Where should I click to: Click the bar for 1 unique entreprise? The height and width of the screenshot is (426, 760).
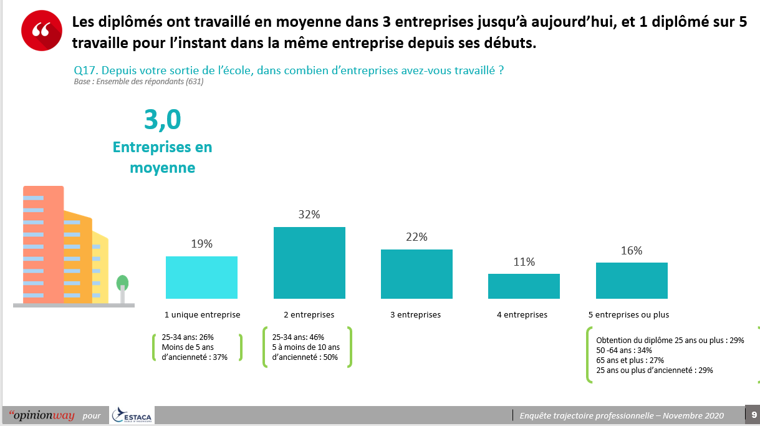click(201, 277)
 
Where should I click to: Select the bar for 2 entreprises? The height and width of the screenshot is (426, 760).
click(309, 263)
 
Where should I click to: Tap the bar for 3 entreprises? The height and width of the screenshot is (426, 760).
click(416, 274)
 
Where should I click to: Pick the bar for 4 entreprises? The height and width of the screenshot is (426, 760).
click(524, 286)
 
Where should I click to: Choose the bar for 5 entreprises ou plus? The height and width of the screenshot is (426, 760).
click(632, 281)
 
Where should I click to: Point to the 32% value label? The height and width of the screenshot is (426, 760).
click(309, 215)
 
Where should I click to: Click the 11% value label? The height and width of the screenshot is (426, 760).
click(524, 262)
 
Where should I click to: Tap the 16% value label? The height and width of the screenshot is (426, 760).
click(632, 251)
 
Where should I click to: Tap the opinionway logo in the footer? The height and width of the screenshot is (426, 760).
click(41, 415)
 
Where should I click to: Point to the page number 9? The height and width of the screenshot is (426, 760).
click(754, 415)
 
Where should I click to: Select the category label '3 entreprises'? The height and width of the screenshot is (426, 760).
click(415, 315)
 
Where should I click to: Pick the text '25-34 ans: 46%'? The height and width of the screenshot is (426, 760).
click(298, 337)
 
